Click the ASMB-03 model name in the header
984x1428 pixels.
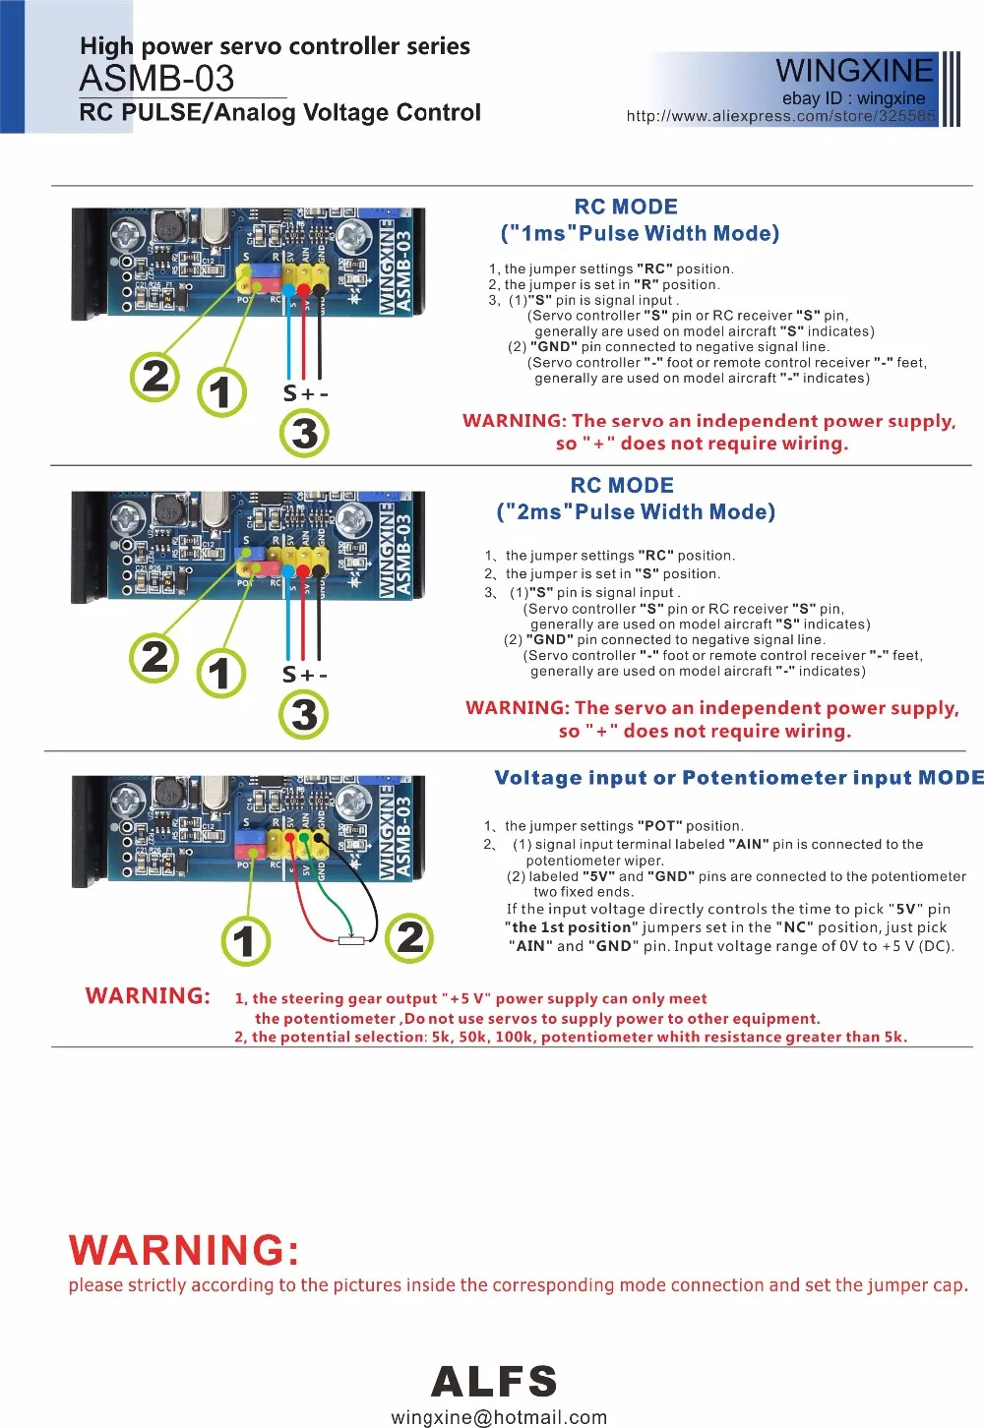point(156,79)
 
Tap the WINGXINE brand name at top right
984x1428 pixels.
point(853,71)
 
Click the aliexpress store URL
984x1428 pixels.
point(780,116)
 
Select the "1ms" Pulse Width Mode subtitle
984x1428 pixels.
point(640,234)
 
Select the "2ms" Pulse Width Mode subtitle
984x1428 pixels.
point(636,512)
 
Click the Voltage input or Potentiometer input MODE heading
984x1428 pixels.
point(738,778)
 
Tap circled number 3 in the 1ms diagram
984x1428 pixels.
point(305,433)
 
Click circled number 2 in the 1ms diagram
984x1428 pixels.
point(155,377)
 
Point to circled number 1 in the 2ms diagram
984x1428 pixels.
point(220,674)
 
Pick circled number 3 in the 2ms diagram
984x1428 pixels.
point(304,714)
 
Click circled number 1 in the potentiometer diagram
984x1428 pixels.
point(245,941)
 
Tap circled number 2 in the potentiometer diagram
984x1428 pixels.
point(410,936)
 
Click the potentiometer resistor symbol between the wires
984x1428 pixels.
point(351,941)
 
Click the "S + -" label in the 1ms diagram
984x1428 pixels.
point(305,393)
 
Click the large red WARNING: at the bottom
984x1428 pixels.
point(184,1251)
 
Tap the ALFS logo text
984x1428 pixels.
point(494,1382)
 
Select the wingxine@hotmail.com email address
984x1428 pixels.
point(499,1417)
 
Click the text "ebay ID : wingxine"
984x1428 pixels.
point(853,98)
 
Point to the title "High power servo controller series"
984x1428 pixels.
point(275,46)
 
